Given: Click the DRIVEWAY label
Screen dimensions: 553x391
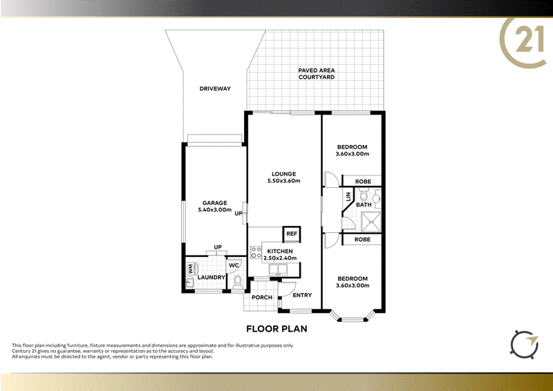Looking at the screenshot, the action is pos(215,88).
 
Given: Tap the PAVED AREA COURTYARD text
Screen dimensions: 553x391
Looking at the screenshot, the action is pos(317,74).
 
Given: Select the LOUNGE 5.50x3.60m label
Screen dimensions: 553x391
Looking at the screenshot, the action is pos(283,178).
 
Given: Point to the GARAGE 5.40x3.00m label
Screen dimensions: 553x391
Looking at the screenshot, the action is pos(214,207).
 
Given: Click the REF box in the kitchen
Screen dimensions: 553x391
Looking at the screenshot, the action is pos(292,233).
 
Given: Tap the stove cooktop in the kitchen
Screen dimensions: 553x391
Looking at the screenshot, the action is pos(256,252).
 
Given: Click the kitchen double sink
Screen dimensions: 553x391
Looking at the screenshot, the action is pos(278,269).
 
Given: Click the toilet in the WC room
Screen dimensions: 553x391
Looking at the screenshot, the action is pos(238,283).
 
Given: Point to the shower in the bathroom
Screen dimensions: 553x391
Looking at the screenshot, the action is pos(371,222).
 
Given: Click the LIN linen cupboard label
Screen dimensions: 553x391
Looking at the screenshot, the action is pos(348,197).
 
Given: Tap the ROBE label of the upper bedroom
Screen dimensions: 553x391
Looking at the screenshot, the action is pos(363,182).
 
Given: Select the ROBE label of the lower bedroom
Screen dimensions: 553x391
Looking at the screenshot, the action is pos(362,240).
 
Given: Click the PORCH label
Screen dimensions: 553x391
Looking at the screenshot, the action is pos(262,298).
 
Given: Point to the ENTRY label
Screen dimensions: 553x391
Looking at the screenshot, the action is pos(302,295).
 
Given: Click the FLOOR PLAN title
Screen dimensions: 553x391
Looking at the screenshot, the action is pos(276,329).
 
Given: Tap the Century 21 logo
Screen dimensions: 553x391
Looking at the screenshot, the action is pos(523,41).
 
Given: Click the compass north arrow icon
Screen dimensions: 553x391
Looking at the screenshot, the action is pos(525,345).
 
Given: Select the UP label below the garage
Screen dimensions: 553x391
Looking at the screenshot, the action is pos(218,247).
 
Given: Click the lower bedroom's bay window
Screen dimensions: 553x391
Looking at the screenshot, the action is pos(353,316).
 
